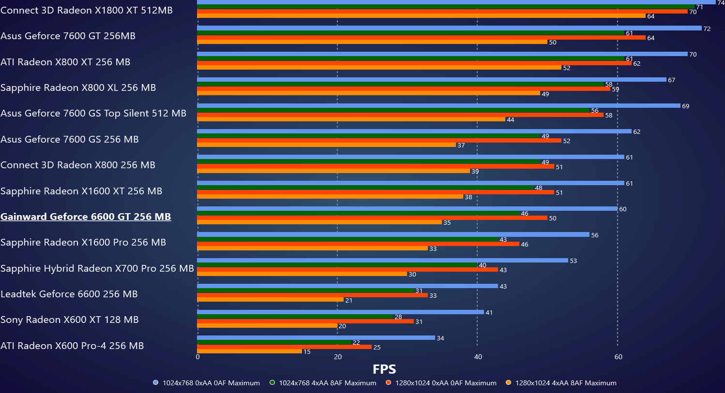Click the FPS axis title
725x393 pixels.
coord(384,369)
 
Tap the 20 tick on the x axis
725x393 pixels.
coord(338,357)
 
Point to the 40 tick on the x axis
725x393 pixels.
coord(478,357)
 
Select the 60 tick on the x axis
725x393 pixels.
coord(618,357)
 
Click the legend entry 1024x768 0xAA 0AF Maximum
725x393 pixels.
coord(207,383)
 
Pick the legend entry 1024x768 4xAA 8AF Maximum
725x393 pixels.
coord(323,383)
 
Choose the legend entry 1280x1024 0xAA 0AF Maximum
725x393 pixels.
coord(441,383)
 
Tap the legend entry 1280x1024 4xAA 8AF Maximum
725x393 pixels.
coord(561,383)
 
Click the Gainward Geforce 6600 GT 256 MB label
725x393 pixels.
coord(86,217)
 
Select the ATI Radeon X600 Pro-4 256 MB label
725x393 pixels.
coord(72,346)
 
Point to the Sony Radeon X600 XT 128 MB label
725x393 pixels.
coord(70,320)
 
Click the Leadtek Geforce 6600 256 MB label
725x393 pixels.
coord(69,294)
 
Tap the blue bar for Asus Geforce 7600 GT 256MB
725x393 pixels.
coord(449,28)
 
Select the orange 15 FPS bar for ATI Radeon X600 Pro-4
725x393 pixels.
coord(249,351)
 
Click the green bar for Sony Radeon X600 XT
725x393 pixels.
coord(295,317)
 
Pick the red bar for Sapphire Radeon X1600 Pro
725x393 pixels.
coord(358,244)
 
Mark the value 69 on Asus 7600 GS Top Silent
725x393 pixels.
coord(685,106)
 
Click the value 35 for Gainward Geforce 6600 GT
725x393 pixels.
coord(447,223)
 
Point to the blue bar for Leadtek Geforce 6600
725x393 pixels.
coord(347,286)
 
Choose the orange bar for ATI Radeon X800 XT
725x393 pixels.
coord(379,68)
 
